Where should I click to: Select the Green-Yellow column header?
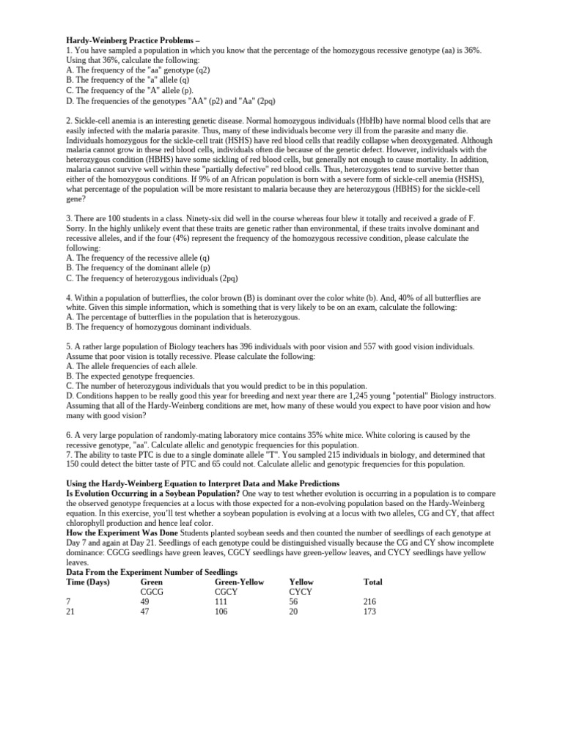point(239,582)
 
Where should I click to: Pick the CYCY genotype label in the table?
point(301,592)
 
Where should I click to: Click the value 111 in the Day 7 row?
point(221,602)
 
